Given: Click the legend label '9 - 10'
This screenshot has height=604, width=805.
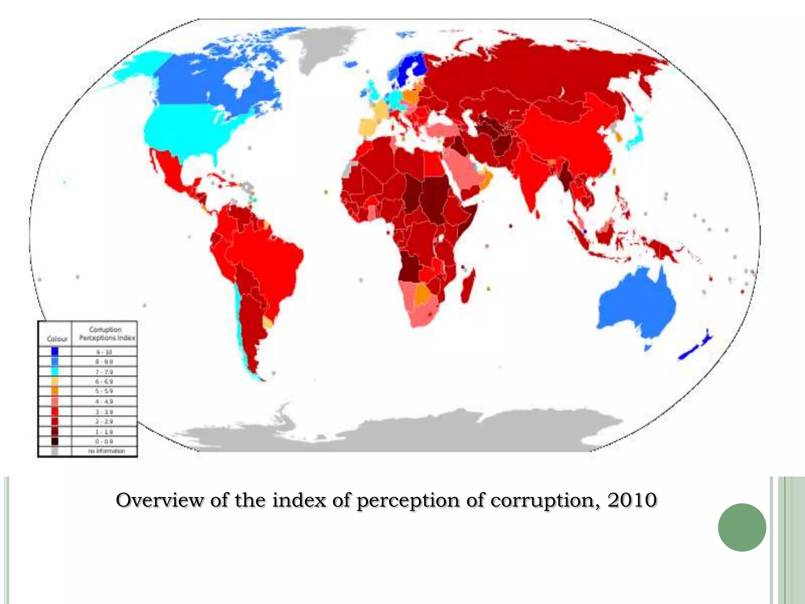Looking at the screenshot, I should click(x=104, y=352).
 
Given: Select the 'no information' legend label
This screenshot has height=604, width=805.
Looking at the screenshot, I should click(x=106, y=451).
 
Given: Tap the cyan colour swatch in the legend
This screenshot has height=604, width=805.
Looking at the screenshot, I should click(x=55, y=372).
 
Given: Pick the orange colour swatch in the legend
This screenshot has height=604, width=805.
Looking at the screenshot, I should click(x=55, y=391).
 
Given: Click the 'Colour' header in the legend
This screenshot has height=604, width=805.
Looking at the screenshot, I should click(x=57, y=339).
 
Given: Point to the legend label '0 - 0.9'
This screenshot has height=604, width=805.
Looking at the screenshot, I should click(x=104, y=441).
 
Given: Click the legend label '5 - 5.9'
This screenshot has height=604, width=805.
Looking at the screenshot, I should click(x=104, y=391).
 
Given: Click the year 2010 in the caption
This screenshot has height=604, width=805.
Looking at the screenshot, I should click(x=632, y=500).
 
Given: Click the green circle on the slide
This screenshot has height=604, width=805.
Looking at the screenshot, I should click(x=742, y=527).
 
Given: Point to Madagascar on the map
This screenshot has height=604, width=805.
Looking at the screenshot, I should click(x=469, y=285).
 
